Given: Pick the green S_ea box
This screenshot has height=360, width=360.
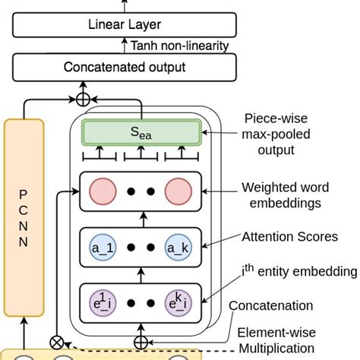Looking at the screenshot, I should point(141,133).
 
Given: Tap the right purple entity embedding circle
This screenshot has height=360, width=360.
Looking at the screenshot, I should point(178,302).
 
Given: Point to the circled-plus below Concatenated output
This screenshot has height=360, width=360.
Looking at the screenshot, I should point(83,99).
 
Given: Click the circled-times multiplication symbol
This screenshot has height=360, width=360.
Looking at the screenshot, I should point(55,341).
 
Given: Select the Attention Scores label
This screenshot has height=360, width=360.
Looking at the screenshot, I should point(289,237).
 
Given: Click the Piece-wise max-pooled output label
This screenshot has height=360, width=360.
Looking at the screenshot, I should point(281,134).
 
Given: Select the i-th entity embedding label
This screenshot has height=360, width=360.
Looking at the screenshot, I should point(298,271).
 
